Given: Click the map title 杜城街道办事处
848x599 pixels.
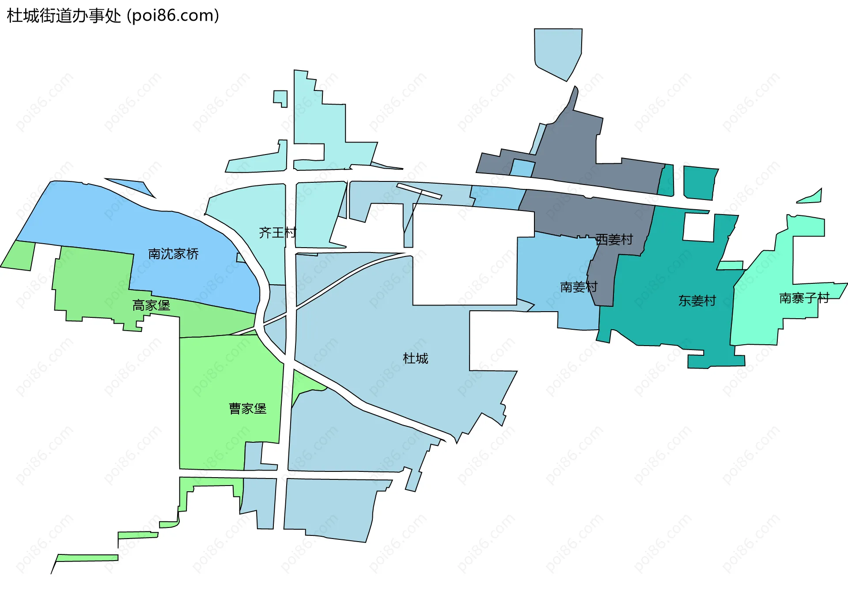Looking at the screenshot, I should (64, 16).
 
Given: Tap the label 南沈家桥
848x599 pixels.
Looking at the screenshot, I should (173, 254).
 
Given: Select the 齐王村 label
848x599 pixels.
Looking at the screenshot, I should (277, 233).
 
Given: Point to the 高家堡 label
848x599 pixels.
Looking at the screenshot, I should (151, 305).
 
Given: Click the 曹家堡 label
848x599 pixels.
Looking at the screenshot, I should (247, 409).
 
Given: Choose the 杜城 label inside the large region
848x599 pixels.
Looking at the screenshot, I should (415, 358).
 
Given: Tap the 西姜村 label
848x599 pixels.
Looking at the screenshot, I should (614, 240).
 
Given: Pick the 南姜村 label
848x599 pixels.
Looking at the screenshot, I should (579, 287).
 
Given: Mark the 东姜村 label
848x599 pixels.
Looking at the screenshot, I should (697, 301).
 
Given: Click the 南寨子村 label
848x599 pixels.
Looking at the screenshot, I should (804, 298).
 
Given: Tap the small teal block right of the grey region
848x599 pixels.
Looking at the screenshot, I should (700, 182).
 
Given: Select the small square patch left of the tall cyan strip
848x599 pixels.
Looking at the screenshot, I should (280, 98).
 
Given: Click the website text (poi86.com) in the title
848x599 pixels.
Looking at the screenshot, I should (173, 16).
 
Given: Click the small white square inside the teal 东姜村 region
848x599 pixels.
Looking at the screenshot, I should (698, 227).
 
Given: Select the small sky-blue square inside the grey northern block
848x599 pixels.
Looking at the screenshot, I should (522, 168).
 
